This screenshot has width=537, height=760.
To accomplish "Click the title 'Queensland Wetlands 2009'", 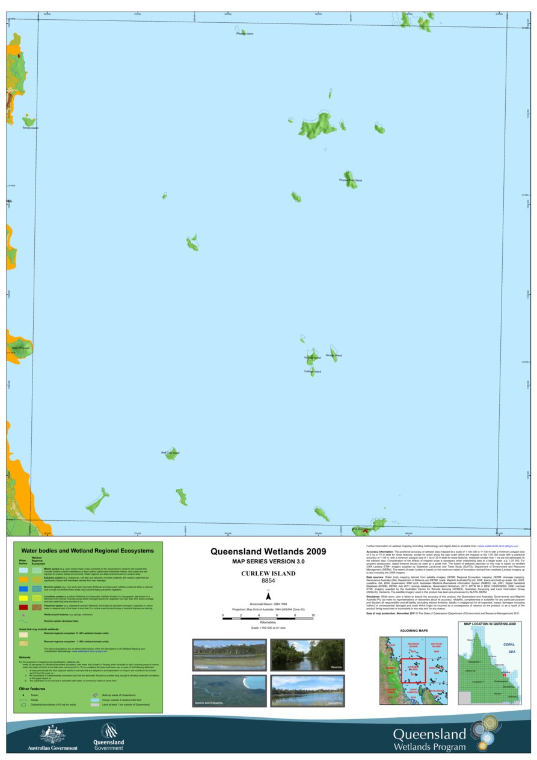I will tap(268, 551).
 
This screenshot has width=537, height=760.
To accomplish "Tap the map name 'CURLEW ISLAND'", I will tap(268, 574).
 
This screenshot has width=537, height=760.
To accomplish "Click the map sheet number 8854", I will tap(268, 581).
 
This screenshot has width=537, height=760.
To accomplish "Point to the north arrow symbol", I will tap(268, 609).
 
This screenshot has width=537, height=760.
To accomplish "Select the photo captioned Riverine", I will tap(307, 655).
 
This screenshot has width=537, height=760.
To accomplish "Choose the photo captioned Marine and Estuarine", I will tap(229, 690).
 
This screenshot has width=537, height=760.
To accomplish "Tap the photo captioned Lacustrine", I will tap(307, 690).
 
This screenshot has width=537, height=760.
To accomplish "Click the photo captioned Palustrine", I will tap(229, 655).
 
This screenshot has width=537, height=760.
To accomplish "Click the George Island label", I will tap(334, 355).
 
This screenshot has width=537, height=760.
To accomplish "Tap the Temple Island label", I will tap(30, 128).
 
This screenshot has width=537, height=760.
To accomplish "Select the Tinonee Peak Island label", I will tap(351, 180).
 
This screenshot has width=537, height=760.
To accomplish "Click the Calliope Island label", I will tap(313, 372).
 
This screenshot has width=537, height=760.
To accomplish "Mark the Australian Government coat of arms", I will tap(52, 734).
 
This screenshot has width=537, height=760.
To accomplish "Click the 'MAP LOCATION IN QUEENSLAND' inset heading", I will tap(489, 625).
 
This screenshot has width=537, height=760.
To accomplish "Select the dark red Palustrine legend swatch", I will tap(23, 607).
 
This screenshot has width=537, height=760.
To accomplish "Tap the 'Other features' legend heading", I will tap(32, 688).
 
